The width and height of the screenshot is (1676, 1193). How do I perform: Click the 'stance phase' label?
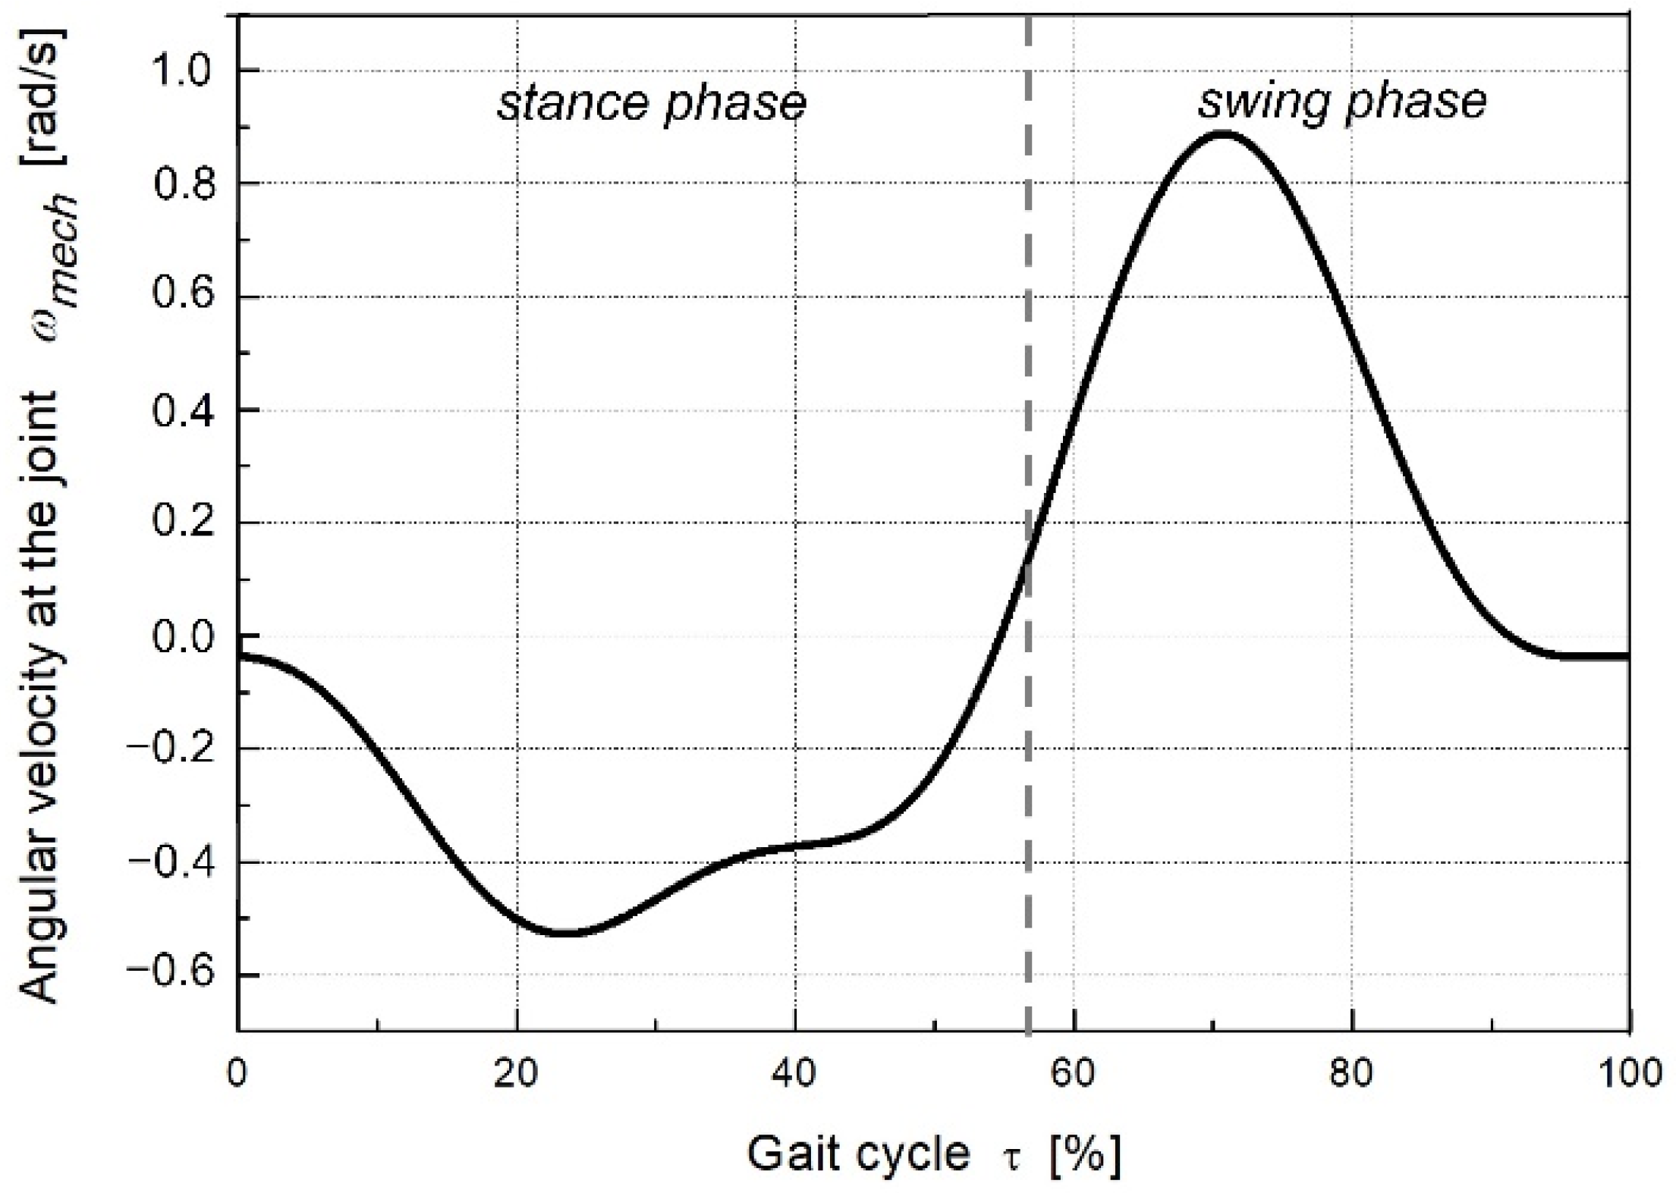point(651,104)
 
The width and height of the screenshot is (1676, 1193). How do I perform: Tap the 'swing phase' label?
point(1341,102)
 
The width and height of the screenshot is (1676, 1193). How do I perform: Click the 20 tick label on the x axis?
point(517,1075)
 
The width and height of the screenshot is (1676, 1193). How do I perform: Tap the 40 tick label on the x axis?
point(795,1075)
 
